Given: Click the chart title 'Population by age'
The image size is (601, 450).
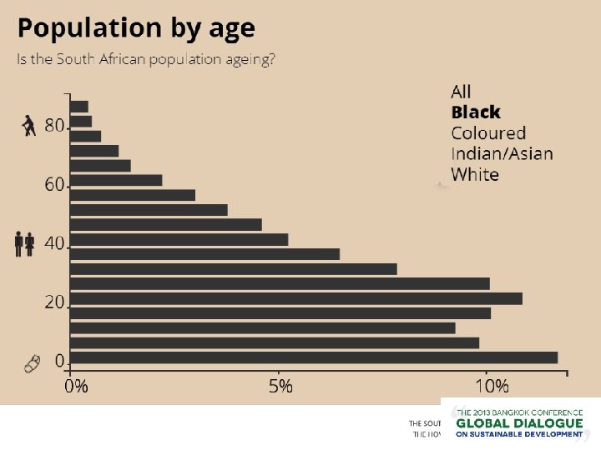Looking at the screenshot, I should pos(136,29).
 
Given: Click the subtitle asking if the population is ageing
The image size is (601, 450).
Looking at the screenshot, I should pos(147,61).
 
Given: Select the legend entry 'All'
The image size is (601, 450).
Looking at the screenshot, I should pos(461,92).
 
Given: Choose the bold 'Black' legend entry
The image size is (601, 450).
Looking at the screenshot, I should pos(476,112).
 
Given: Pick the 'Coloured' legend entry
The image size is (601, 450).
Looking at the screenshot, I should pos(488,133).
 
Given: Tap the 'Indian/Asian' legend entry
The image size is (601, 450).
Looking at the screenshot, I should pos(502,153).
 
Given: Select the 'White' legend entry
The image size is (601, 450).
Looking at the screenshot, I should pos(475,174).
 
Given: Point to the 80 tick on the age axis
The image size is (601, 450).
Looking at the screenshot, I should pos(54,126).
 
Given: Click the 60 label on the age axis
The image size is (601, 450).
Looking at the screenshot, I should pos(54,184).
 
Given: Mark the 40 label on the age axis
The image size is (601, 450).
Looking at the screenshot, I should pos(54,243).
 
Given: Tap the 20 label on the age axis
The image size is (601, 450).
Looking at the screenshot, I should pos(54,302).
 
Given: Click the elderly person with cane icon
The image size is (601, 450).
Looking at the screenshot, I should pos(29,126).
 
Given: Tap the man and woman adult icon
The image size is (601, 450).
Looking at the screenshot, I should pos(25,244).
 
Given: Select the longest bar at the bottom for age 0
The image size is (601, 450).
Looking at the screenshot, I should pos(314,357).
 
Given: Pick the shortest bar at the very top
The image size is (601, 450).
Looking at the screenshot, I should pos(79,106).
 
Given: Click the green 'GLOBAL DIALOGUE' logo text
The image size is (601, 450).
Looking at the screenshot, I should pos(519,424).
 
